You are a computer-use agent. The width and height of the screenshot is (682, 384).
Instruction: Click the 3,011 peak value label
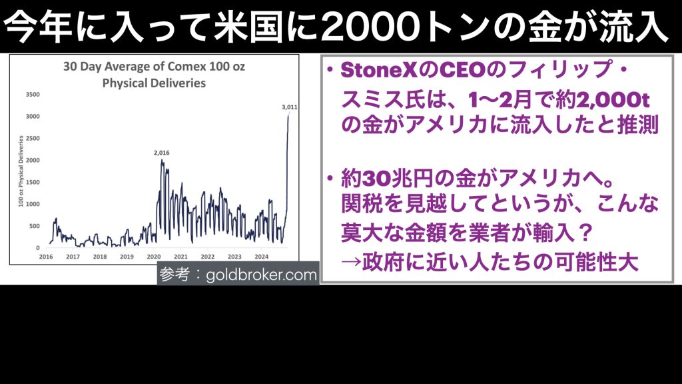click(290, 107)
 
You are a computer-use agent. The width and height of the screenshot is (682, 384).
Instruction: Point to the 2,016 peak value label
click(162, 153)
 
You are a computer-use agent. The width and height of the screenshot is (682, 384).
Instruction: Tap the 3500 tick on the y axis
click(33, 95)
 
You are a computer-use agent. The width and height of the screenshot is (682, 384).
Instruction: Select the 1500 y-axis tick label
click(33, 183)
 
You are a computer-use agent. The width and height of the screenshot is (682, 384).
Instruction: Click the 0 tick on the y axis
click(38, 248)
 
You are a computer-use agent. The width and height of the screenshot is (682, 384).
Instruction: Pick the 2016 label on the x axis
click(46, 257)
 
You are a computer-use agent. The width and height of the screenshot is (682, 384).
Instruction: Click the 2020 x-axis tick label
click(154, 257)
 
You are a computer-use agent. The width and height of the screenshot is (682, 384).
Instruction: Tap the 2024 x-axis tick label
click(261, 257)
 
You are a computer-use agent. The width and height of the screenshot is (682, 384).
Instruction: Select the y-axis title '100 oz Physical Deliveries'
click(21, 171)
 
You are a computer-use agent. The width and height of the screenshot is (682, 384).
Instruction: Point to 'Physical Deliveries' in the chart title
click(154, 83)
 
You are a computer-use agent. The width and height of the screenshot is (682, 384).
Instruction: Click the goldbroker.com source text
click(261, 275)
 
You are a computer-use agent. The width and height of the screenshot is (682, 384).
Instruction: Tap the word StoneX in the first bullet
click(379, 71)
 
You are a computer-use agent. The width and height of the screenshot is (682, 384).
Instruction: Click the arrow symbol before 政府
click(351, 262)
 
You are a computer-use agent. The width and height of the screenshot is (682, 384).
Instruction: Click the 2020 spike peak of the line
click(162, 160)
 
